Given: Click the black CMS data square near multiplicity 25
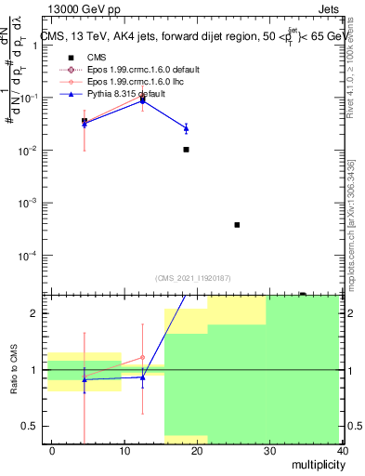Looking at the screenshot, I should coord(238,225).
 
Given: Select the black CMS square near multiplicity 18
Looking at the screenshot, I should coord(187,150).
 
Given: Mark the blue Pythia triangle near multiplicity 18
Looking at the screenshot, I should coord(186,127).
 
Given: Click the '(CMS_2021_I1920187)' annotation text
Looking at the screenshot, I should coord(193,278).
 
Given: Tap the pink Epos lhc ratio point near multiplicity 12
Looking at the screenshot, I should coord(142,357).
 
